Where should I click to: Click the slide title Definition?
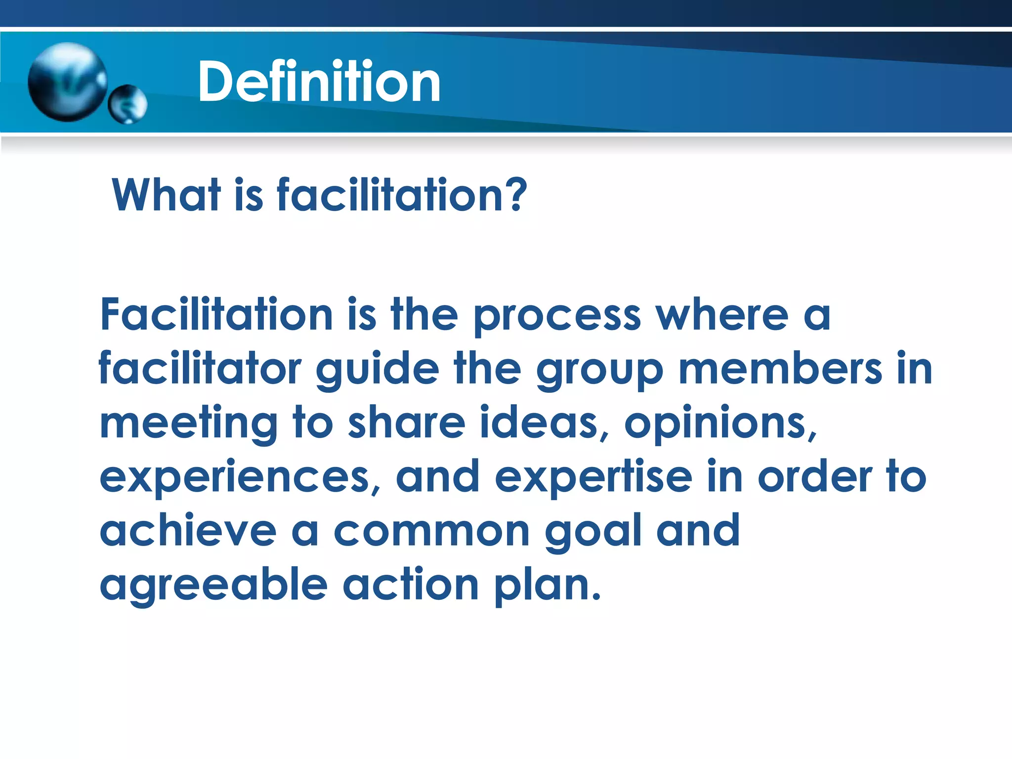[x=319, y=82]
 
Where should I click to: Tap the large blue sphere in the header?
[x=67, y=82]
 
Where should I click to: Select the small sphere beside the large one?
[x=127, y=104]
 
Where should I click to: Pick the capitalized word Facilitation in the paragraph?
[x=216, y=315]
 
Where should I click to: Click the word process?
[x=557, y=317]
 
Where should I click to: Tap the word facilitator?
[x=200, y=369]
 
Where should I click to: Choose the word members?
[x=780, y=369]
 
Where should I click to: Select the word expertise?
[x=593, y=478]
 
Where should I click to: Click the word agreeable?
[x=213, y=587]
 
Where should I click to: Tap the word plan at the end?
[x=546, y=587]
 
